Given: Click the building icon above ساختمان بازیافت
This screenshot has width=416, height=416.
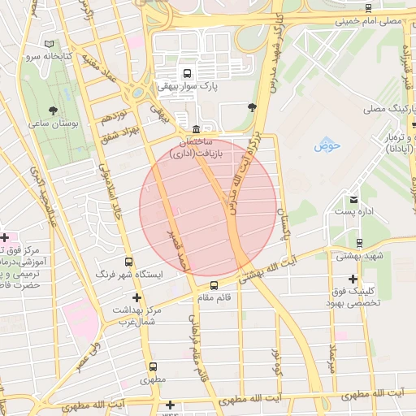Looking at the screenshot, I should click(x=197, y=130).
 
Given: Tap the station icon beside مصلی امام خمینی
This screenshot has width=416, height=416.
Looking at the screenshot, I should click(x=369, y=8).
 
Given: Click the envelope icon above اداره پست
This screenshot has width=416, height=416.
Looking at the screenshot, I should click(x=353, y=199).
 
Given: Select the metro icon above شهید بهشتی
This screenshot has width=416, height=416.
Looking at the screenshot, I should click(x=359, y=243).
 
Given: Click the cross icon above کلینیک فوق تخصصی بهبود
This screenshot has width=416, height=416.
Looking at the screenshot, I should click(x=353, y=278).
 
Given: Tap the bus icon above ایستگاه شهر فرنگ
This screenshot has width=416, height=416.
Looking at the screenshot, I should click(x=128, y=262).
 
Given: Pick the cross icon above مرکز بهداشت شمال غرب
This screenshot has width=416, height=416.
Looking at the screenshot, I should click(x=136, y=297).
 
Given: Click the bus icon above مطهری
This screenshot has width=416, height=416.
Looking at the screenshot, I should click(x=153, y=367).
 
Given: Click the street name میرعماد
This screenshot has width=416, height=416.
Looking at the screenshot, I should click(x=331, y=362).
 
